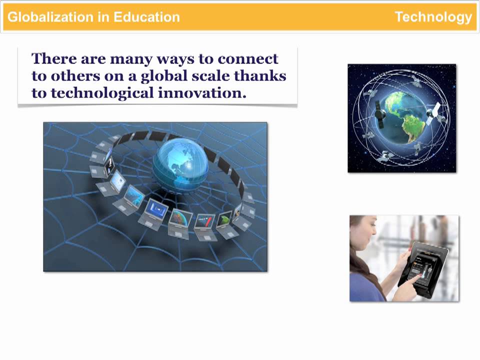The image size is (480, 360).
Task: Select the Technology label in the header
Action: (x=433, y=17)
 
